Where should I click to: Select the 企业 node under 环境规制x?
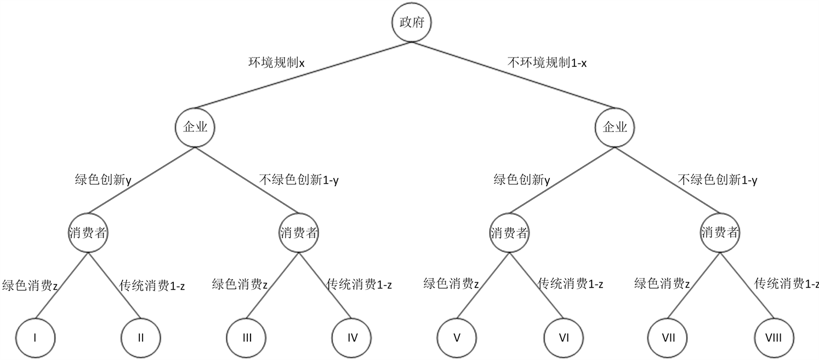(195, 128)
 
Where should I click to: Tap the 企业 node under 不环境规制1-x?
(615, 128)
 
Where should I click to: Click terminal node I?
(35, 337)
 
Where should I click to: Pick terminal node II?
(141, 337)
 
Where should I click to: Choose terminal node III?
(247, 337)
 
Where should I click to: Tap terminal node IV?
(352, 337)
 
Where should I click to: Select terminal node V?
(457, 337)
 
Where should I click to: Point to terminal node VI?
(563, 337)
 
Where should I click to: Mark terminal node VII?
(668, 337)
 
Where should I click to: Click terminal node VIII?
(774, 337)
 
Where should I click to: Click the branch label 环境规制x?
(276, 62)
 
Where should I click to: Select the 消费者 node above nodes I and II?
(88, 233)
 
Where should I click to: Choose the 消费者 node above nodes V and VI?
(509, 233)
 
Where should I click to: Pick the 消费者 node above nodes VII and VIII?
(720, 233)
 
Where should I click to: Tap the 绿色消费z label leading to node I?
(30, 285)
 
